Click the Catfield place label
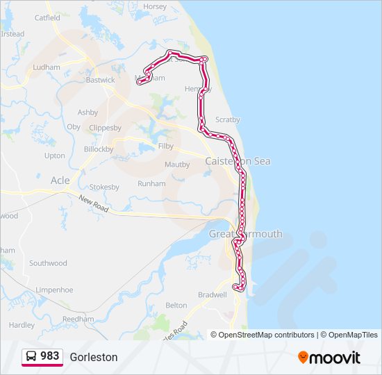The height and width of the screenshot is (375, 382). coord(47,17)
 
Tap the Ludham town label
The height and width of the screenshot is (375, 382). coord(47,67)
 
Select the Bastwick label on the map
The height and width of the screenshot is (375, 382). coord(101,80)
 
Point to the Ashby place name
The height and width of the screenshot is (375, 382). coord(88,112)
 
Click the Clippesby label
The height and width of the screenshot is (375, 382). coord(106,128)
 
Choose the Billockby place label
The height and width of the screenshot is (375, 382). coord(99,149)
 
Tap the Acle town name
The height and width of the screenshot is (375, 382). coord(60,181)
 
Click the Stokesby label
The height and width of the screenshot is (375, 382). coord(105,187)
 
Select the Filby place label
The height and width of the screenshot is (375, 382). coord(166,147)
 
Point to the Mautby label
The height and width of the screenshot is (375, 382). coord(177,165)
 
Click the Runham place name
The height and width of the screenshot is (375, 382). coord(151,184)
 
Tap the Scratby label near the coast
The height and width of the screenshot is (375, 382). coord(228,119)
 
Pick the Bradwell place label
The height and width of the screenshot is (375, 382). coord(213,294)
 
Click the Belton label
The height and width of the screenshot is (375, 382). coord(176,306)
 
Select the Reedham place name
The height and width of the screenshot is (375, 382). coord(78,319)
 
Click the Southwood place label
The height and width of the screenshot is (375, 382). coord(48,263)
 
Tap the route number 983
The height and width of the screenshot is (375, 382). coord(49,356)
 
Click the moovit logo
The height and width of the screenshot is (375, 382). coord(329,358)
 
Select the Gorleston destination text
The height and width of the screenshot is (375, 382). coord(94,357)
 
